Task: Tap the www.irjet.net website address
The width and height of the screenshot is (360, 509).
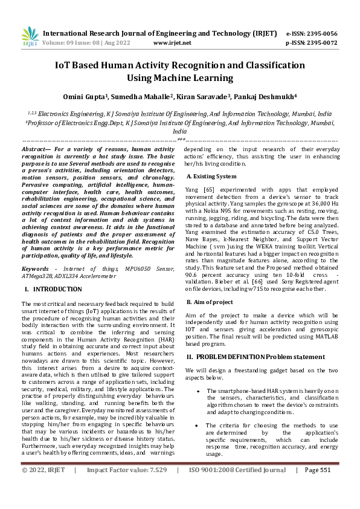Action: pyautogui.click(x=172, y=43)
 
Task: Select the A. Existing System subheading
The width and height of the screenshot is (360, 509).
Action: pyautogui.click(x=211, y=177)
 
